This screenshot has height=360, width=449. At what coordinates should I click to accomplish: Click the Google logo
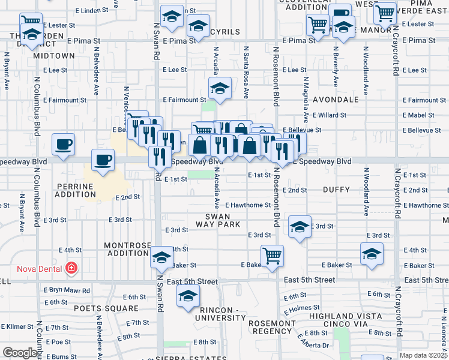pos(20,353)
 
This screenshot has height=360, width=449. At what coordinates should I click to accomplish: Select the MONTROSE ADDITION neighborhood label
pos(126,249)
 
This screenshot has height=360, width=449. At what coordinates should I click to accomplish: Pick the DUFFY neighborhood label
pos(336,190)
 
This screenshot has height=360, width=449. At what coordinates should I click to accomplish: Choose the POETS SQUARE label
pos(106,308)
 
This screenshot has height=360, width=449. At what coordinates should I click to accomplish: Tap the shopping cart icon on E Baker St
pos(272,255)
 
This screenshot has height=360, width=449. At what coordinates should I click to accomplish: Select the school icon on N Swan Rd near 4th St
pos(160,257)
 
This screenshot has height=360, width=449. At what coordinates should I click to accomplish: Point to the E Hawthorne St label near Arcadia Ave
pos(248,205)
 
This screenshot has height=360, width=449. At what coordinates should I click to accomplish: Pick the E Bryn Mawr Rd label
pos(65,290)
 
